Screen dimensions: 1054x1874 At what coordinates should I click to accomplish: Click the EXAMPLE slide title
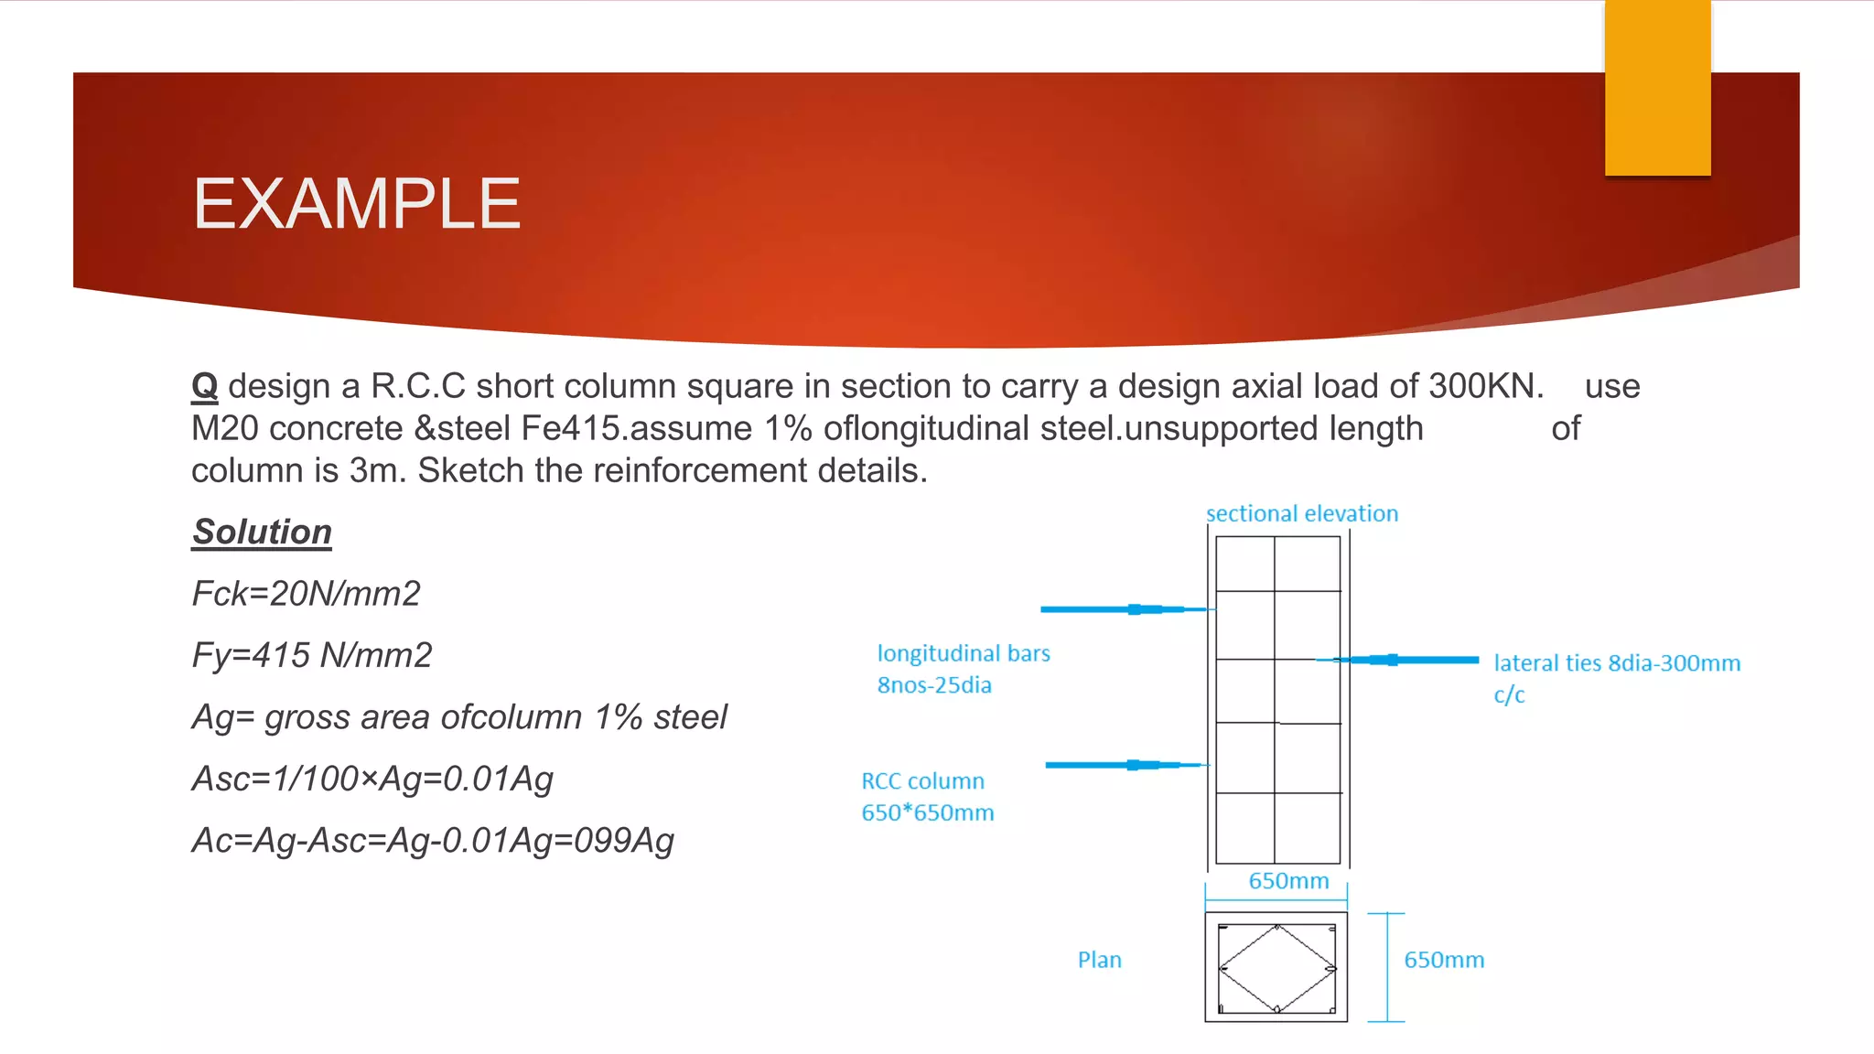tap(356, 204)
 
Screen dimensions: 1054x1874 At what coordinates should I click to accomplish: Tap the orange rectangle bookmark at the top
tap(1657, 87)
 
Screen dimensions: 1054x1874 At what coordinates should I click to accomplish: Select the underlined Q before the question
tap(204, 386)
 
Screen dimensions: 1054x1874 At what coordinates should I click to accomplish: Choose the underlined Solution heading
tap(262, 532)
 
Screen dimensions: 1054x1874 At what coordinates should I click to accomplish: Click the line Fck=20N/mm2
tap(306, 594)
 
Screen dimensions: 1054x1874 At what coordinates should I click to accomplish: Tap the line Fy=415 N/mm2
tap(311, 655)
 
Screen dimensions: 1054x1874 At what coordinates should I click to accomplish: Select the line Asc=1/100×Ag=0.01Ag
tap(372, 779)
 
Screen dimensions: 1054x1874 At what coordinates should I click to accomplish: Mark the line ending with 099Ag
tap(432, 840)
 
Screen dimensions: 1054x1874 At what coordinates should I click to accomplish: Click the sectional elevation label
tap(1301, 513)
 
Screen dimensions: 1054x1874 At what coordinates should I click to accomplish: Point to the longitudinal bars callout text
tap(963, 653)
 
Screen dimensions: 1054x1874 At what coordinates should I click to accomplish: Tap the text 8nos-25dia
tap(933, 685)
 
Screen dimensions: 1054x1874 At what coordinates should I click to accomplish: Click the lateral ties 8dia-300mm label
tap(1616, 663)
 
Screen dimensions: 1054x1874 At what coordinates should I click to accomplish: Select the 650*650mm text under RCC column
tap(927, 812)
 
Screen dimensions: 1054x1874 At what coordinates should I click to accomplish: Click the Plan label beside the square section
tap(1099, 960)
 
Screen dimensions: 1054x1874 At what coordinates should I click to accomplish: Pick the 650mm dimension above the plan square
tap(1288, 881)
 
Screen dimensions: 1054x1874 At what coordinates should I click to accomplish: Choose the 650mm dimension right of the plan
tap(1444, 960)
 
